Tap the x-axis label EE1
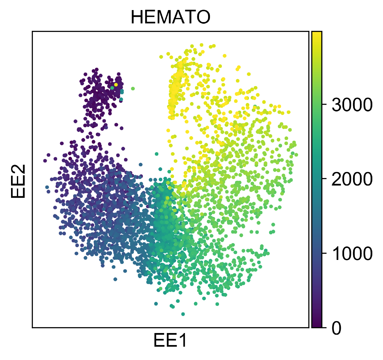[170, 341]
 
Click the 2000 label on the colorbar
[352, 179]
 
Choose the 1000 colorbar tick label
[352, 253]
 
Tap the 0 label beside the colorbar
[337, 328]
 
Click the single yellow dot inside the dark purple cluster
[116, 84]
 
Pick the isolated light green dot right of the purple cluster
[133, 88]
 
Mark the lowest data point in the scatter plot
[183, 314]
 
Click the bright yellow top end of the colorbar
[317, 34]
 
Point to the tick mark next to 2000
[324, 179]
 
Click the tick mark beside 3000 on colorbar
[324, 104]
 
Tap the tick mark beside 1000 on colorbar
[324, 253]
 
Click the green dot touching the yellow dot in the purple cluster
[112, 88]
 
